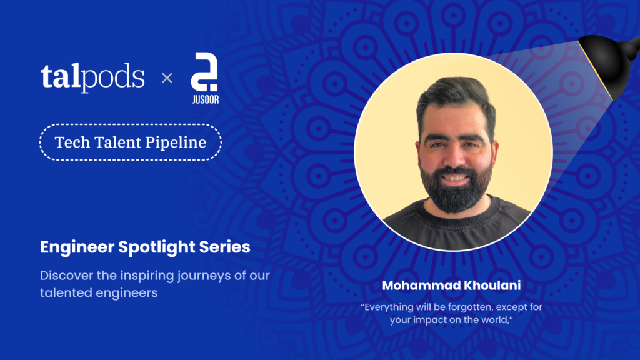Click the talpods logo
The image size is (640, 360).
(92, 77)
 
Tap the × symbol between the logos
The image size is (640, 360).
(167, 77)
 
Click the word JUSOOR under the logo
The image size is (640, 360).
(205, 99)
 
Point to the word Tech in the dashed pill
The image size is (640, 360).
(72, 142)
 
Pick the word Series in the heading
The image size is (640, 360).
(225, 247)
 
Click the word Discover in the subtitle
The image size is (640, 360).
(66, 276)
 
